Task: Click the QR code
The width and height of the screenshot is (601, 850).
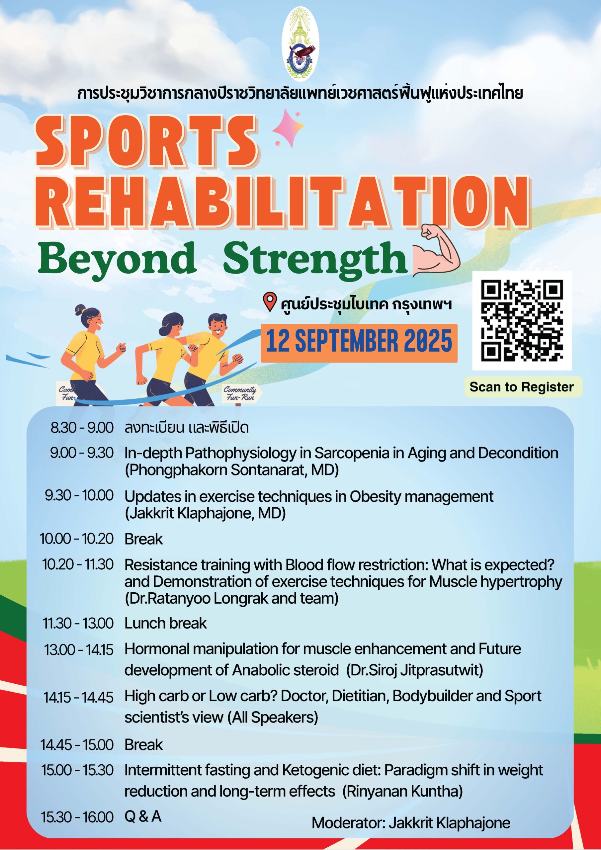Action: coord(522,321)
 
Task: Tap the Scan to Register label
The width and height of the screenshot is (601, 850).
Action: coord(521,387)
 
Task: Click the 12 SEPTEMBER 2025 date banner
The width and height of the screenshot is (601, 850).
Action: coord(359,343)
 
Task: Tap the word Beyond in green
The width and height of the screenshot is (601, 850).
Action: coord(117,257)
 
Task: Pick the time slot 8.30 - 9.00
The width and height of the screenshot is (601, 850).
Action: coord(82,428)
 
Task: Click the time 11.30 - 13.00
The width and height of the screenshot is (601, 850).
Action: coord(78,623)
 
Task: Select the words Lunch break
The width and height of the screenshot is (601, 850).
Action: coord(166,623)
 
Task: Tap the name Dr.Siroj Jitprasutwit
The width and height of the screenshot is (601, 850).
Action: coord(414,670)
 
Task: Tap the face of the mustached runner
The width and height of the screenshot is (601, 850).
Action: coord(218,326)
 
